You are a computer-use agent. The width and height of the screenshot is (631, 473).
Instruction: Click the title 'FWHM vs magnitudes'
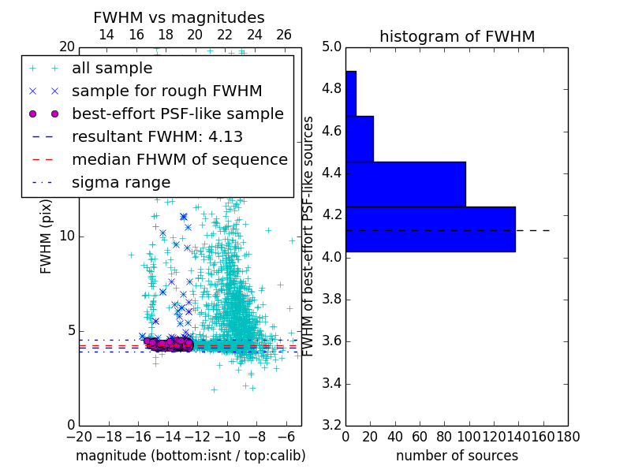coord(179,18)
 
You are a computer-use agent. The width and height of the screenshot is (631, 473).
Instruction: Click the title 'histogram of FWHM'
coord(457,37)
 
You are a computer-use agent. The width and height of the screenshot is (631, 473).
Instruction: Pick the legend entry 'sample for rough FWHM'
coord(166,91)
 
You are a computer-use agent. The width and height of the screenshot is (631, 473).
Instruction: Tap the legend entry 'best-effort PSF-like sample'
coord(177,114)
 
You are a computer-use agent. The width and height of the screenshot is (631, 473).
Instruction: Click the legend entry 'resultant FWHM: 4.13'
coord(157,137)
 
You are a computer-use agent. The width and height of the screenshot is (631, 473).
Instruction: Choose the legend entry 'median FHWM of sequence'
coord(179,160)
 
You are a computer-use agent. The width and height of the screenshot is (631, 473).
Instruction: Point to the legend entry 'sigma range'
coord(121,183)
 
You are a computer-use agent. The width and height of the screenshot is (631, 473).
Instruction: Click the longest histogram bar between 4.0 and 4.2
coord(430,229)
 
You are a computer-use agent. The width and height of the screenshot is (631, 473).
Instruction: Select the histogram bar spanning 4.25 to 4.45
coord(405,184)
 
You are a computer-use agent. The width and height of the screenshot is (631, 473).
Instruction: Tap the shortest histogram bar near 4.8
coord(350,94)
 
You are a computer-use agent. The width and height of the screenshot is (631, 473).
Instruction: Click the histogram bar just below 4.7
coord(359,139)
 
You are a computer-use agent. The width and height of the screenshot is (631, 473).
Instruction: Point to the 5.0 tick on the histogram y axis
coord(331,47)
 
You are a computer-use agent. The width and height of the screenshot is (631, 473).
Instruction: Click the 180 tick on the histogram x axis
coord(568,437)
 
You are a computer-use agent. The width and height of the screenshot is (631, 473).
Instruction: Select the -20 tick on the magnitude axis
coord(79,437)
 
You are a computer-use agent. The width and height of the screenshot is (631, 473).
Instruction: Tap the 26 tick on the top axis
coord(284,35)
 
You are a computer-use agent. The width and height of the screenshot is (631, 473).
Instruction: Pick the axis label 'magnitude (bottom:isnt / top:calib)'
coord(190,456)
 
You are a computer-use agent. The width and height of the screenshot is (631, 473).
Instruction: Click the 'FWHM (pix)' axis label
coord(47,236)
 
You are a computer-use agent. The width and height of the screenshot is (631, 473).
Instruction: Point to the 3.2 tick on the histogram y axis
coord(331,426)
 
